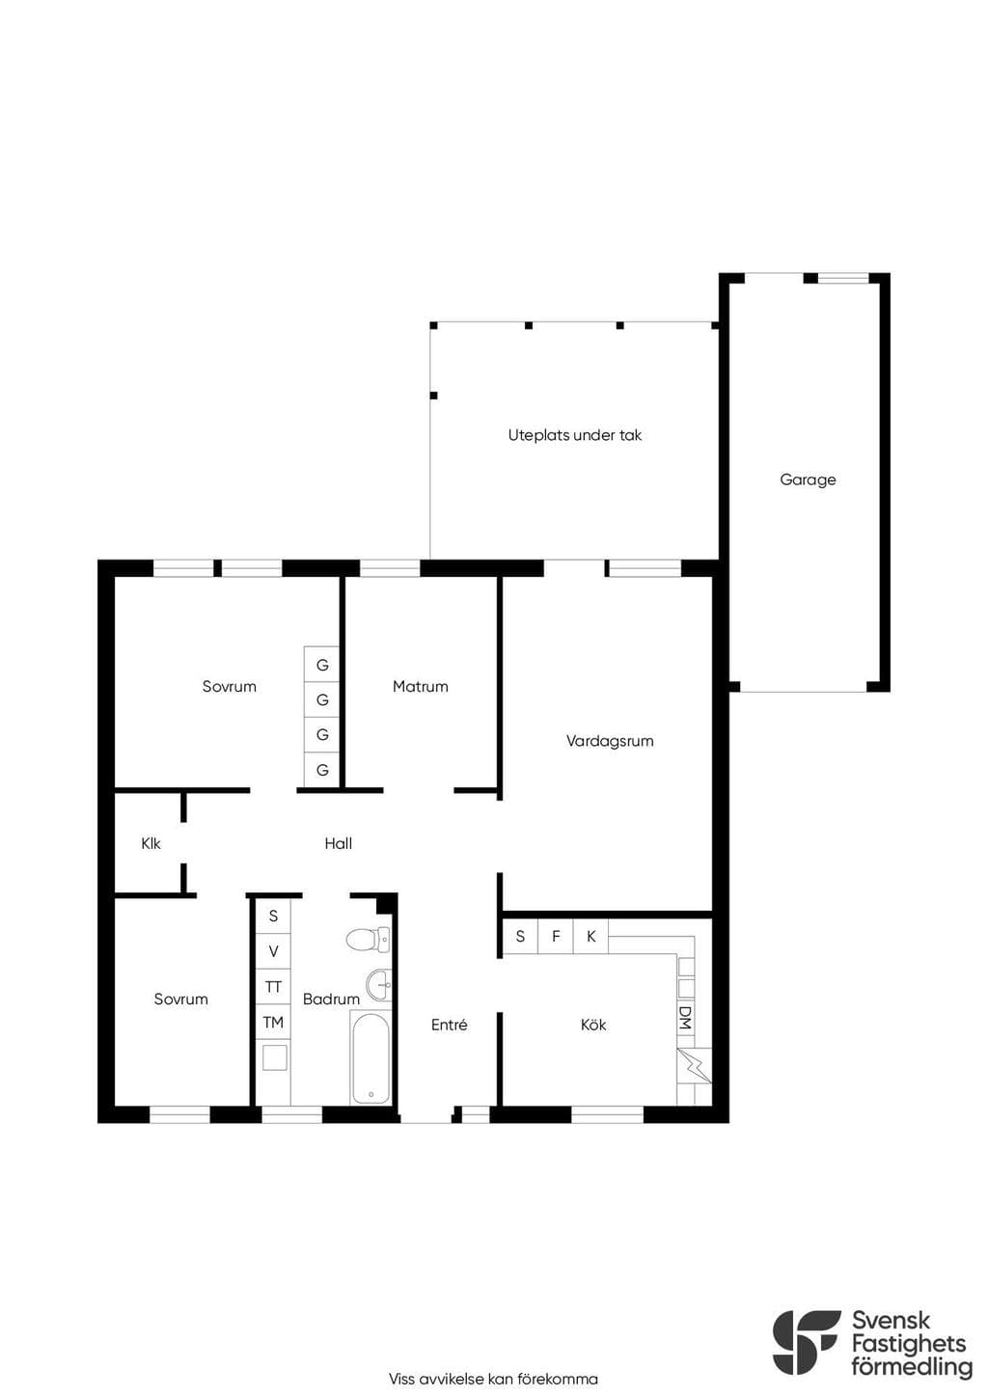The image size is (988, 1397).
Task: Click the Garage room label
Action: tap(808, 480)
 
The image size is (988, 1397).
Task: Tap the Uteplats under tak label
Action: tap(574, 435)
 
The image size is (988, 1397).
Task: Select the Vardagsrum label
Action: tap(610, 741)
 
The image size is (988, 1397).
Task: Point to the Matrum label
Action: tap(420, 687)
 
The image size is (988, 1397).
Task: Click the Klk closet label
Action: tap(151, 844)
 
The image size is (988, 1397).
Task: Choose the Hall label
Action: tap(338, 844)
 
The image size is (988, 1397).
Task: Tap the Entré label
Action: tap(449, 1025)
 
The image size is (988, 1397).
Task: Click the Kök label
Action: tap(592, 1025)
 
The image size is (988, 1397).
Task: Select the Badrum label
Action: tap(331, 1000)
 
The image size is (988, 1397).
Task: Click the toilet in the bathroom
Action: tap(369, 939)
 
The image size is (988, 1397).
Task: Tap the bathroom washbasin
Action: tap(378, 985)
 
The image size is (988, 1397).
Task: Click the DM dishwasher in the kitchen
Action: tap(685, 1017)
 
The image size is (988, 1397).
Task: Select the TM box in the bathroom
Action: tap(273, 1022)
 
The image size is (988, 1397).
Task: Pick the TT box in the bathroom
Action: tap(273, 987)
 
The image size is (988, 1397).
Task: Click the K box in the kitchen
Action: tap(590, 936)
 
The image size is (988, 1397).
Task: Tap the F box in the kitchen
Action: tap(556, 936)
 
